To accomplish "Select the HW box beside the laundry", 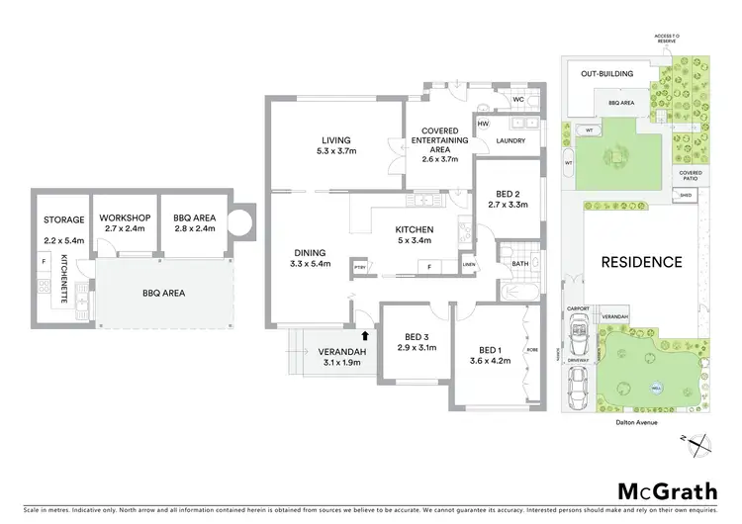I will (484, 124).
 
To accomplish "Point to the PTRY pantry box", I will (358, 266).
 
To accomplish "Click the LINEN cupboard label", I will (469, 264).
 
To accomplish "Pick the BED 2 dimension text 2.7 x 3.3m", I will (509, 205).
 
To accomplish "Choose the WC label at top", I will (518, 99).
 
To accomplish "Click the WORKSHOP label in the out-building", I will (125, 218).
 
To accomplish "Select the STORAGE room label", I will (61, 220).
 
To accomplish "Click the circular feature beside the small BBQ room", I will (241, 218).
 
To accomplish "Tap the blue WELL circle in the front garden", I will (656, 388).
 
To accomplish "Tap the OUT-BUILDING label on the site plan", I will (606, 73).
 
